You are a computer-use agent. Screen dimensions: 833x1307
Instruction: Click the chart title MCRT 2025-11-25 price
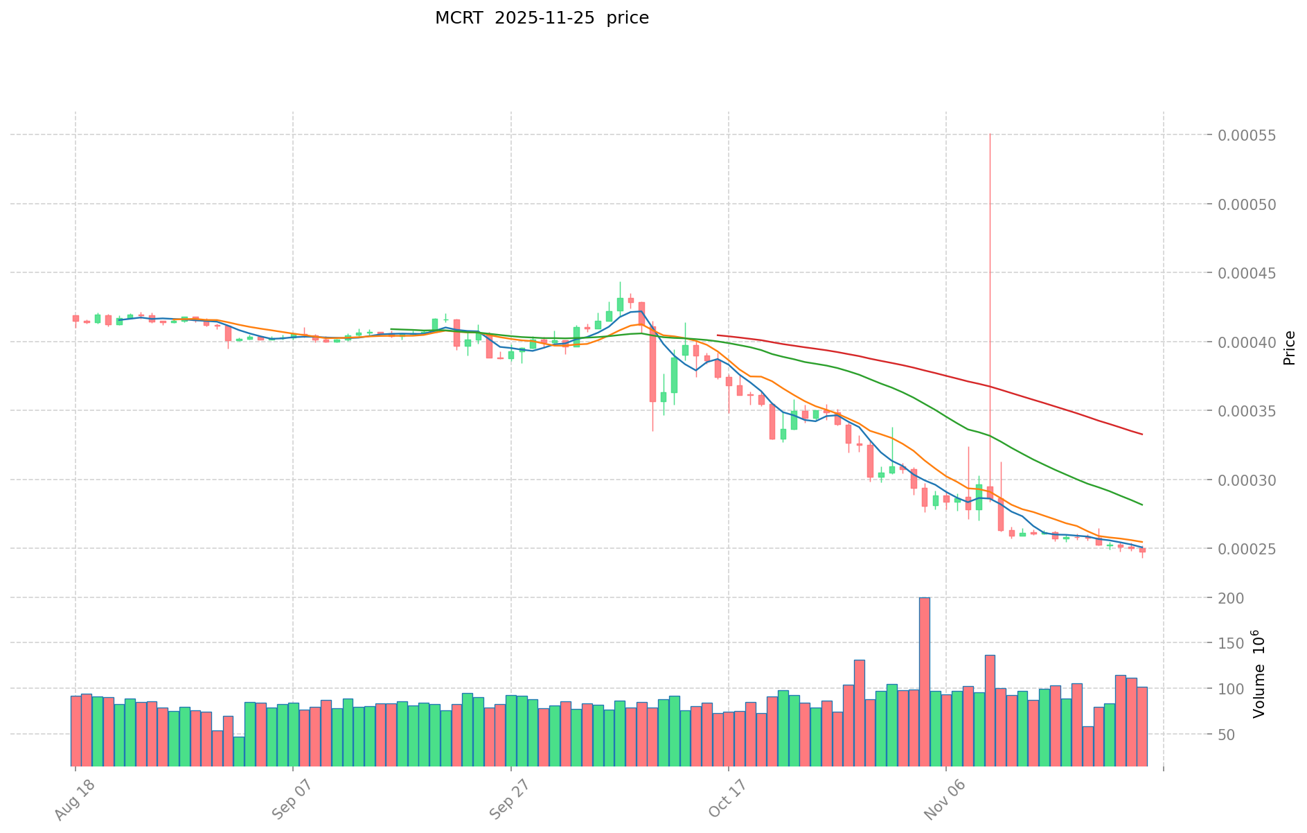(542, 18)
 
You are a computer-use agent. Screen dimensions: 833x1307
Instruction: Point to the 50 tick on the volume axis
(1237, 734)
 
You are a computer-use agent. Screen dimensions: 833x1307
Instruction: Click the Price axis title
(1289, 348)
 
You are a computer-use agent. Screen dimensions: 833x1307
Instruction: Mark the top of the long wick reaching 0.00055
(990, 134)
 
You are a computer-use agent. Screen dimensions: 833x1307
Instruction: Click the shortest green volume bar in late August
(239, 751)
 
